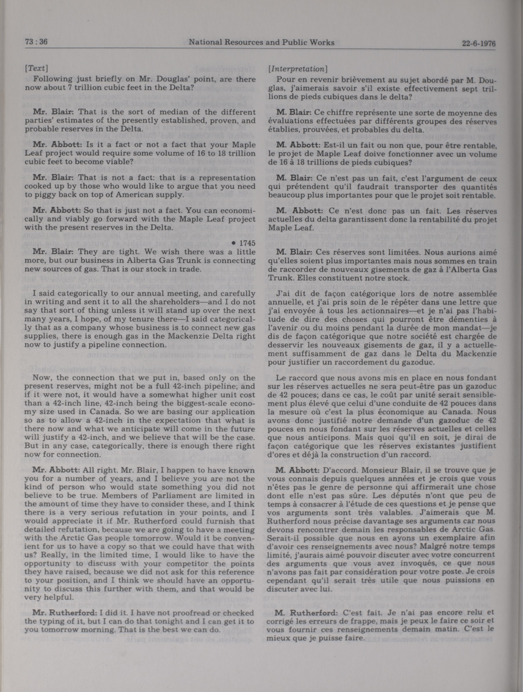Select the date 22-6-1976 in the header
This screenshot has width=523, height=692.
tap(479, 43)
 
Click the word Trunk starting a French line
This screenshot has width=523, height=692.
tap(279, 278)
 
